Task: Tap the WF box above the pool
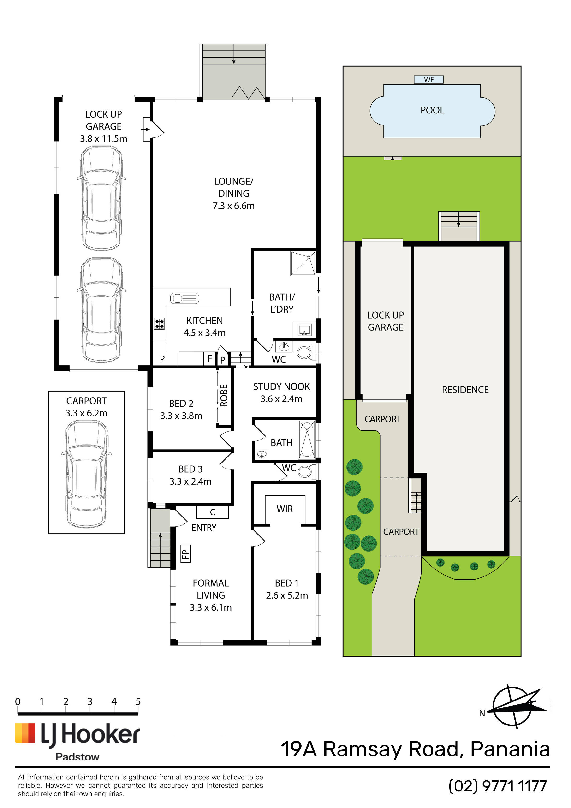tap(428, 80)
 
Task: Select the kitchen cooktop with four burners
tap(159, 323)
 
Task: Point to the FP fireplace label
tap(185, 553)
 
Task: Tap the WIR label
tap(285, 509)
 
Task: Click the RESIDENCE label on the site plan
tap(465, 390)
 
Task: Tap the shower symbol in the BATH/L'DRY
tap(303, 263)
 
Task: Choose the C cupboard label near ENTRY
tap(212, 512)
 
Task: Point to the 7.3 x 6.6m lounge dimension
tap(233, 206)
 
